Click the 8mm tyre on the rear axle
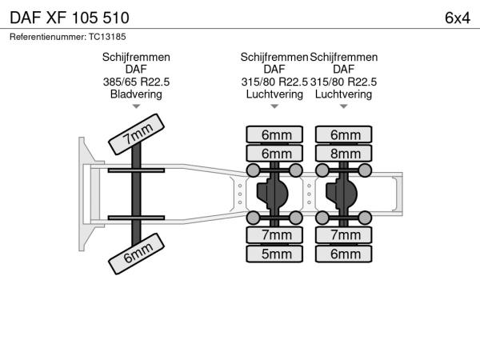coord(345,154)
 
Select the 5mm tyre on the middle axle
coord(275,254)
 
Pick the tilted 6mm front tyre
coord(138,252)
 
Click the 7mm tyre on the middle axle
coord(275,235)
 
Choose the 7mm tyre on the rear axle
coord(345,235)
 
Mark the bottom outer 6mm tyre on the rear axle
coord(345,254)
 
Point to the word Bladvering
coord(136,94)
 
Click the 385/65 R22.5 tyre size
coord(136,82)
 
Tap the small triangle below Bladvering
coord(136,106)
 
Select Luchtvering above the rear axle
coord(343,94)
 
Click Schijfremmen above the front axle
coord(136,57)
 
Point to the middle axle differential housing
coord(275,193)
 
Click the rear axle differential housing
coord(345,193)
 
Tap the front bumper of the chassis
coord(83,193)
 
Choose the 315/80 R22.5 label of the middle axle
coord(274,82)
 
